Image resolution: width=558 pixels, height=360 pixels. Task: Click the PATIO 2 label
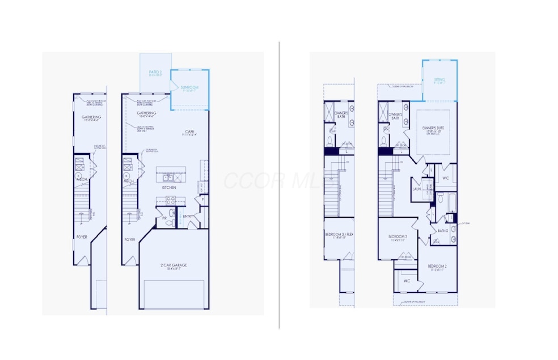pyautogui.click(x=155, y=73)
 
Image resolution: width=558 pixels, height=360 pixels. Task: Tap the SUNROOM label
pyautogui.click(x=189, y=87)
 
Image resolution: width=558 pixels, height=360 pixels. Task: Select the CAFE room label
pyautogui.click(x=188, y=131)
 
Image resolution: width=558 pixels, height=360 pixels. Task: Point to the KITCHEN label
pyautogui.click(x=168, y=187)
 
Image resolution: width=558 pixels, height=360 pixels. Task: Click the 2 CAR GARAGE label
pyautogui.click(x=174, y=265)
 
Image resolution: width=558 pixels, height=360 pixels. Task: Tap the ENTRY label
pyautogui.click(x=188, y=216)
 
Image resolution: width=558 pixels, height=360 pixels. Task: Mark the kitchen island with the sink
pyautogui.click(x=172, y=173)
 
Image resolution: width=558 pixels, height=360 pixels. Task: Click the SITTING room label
pyautogui.click(x=439, y=80)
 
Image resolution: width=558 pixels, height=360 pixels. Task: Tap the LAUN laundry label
pyautogui.click(x=416, y=189)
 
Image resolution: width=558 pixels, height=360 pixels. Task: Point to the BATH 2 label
pyautogui.click(x=442, y=230)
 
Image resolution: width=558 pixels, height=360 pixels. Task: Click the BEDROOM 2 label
pyautogui.click(x=437, y=266)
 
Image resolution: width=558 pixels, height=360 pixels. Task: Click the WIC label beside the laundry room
pyautogui.click(x=445, y=178)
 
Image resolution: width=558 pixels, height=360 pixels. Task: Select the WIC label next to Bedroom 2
pyautogui.click(x=407, y=281)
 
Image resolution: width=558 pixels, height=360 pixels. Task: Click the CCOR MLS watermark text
pyautogui.click(x=272, y=180)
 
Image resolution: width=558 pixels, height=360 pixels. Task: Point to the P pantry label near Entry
pyautogui.click(x=202, y=199)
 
